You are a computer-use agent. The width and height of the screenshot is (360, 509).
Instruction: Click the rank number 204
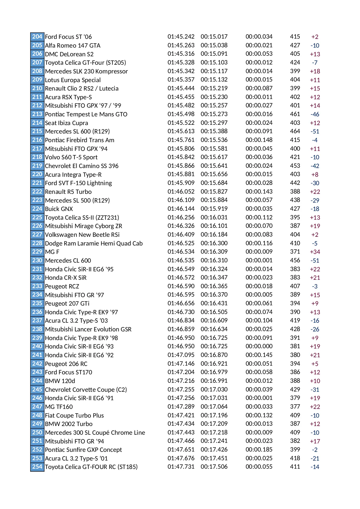point(37,37)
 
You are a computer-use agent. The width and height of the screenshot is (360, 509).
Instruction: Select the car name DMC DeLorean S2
point(69,54)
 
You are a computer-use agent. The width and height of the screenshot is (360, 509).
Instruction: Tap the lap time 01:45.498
point(181,114)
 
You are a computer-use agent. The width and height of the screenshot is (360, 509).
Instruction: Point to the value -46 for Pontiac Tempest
point(315,114)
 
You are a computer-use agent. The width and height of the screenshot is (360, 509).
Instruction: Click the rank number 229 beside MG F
point(37,252)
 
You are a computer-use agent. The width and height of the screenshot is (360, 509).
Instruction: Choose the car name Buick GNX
point(59,209)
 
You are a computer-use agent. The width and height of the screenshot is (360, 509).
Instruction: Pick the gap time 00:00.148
point(259,140)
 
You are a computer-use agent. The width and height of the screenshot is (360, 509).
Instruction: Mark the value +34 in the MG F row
point(315,252)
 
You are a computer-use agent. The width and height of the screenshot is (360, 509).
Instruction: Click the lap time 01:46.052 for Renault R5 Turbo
point(181,192)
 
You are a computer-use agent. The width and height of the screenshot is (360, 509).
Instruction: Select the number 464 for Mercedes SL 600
point(295,131)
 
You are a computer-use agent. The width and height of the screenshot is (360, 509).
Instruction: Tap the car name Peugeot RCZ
point(62,286)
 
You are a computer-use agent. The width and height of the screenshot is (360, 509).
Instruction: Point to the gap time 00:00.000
point(259,346)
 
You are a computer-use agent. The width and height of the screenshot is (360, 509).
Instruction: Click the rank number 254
point(37,467)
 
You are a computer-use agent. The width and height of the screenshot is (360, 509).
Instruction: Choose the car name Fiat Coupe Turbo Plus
point(74,416)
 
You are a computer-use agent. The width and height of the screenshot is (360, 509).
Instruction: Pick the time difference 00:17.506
point(214,467)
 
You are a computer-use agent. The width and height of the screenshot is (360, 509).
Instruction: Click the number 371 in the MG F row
point(295,252)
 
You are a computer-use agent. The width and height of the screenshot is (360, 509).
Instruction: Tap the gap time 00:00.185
point(259,450)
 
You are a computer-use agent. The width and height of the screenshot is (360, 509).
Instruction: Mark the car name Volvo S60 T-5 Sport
point(71,157)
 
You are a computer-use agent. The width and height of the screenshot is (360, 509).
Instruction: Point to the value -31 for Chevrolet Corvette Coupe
point(315,390)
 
